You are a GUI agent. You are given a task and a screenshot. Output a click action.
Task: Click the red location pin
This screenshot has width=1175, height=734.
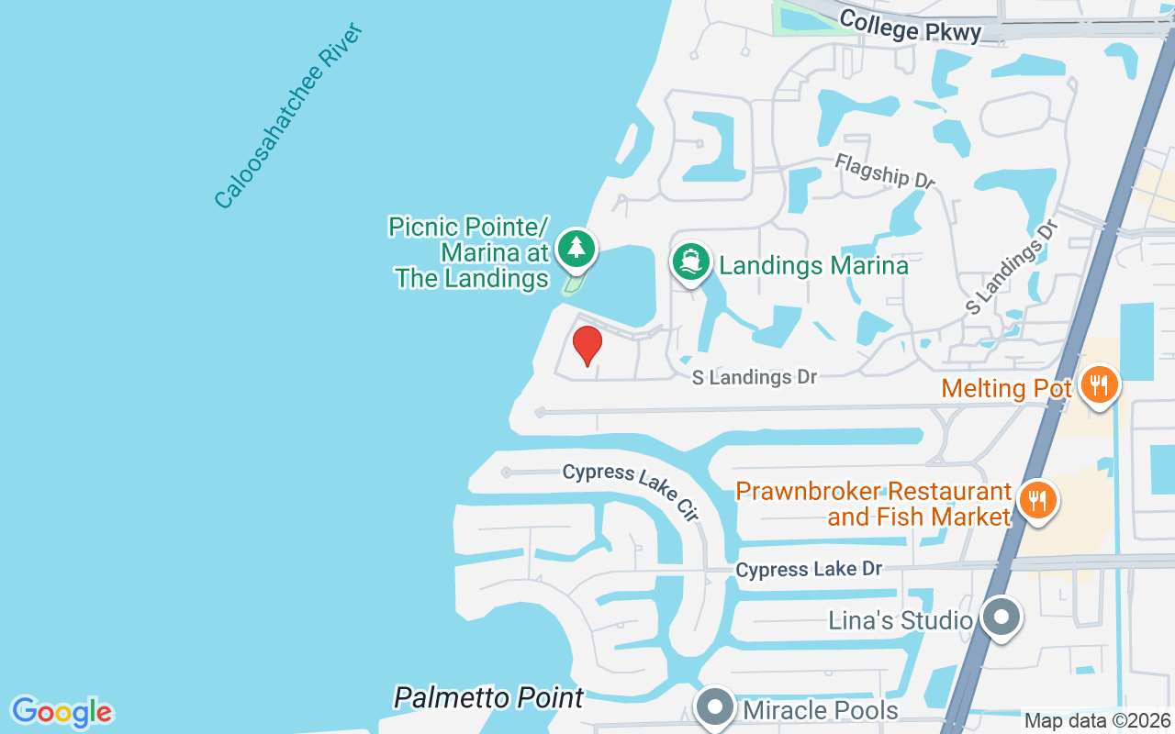click(x=587, y=346)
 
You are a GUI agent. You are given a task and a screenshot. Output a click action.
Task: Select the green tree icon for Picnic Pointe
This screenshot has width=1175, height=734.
click(x=576, y=248)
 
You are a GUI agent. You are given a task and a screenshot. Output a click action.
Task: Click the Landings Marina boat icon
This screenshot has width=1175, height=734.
click(x=690, y=263)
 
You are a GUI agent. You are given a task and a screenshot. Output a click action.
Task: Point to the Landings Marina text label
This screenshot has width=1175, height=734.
click(x=813, y=266)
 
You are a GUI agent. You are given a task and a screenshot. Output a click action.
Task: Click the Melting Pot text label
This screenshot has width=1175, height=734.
click(x=1006, y=388)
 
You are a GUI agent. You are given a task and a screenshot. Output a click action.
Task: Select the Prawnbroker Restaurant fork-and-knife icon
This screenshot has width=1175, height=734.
click(x=1036, y=501)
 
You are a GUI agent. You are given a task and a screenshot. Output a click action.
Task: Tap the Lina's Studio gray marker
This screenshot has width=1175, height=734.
click(x=1002, y=616)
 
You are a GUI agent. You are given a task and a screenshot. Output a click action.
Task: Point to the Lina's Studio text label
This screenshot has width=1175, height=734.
click(x=900, y=621)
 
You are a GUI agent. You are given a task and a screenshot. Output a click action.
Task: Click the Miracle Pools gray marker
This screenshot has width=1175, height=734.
click(x=714, y=707)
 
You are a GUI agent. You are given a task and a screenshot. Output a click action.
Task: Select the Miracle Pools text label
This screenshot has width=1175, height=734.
click(x=821, y=709)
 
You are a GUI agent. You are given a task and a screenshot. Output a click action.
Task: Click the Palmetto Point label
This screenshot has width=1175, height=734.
click(x=488, y=697)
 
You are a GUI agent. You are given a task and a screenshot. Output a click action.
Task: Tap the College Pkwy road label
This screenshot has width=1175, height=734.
click(x=910, y=27)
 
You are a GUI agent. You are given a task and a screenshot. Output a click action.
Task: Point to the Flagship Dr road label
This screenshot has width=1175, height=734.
click(x=884, y=171)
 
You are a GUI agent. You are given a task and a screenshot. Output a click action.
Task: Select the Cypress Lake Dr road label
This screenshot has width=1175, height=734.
click(x=809, y=570)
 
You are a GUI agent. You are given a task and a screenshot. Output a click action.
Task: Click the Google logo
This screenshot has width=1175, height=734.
click(x=62, y=711)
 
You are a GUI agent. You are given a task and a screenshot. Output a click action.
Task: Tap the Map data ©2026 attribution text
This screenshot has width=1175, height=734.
click(x=1098, y=720)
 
